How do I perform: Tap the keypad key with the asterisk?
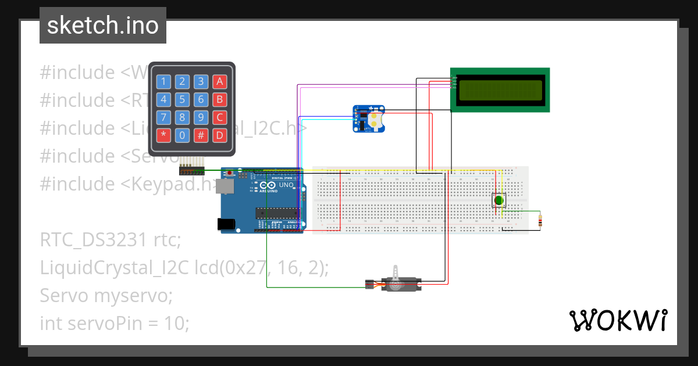pyautogui.click(x=163, y=136)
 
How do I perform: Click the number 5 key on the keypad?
pyautogui.click(x=182, y=100)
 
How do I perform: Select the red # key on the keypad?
pyautogui.click(x=201, y=136)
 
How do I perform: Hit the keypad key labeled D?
pyautogui.click(x=219, y=136)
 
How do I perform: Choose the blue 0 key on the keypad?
pyautogui.click(x=182, y=136)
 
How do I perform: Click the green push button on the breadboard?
pyautogui.click(x=498, y=200)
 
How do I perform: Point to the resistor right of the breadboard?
pyautogui.click(x=541, y=221)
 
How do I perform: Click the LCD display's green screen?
pyautogui.click(x=500, y=90)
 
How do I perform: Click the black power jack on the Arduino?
pyautogui.click(x=226, y=223)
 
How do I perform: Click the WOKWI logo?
pyautogui.click(x=617, y=320)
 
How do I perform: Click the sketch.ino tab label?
pyautogui.click(x=102, y=26)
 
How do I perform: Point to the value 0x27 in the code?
pyautogui.click(x=239, y=267)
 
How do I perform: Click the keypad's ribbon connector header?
pyautogui.click(x=192, y=171)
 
